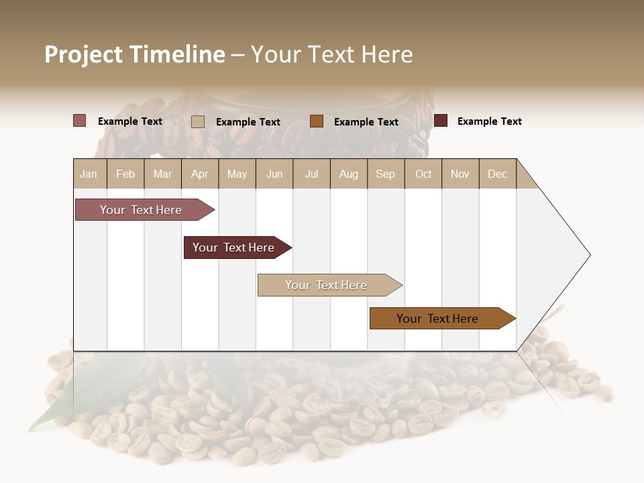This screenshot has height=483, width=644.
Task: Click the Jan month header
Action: (89, 174)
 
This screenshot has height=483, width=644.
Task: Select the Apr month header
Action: (199, 174)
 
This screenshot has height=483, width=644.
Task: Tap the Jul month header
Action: (311, 174)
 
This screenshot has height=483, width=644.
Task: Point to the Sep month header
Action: (385, 174)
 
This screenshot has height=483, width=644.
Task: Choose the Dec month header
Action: (497, 174)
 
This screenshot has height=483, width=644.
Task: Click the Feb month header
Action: (125, 174)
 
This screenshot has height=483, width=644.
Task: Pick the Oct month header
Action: (423, 174)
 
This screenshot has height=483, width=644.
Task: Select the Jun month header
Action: (274, 174)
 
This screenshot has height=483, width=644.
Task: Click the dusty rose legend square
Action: (79, 121)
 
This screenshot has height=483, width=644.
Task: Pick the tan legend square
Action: (197, 121)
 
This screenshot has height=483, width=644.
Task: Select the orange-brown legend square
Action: (317, 121)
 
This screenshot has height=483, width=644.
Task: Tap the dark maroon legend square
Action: (441, 121)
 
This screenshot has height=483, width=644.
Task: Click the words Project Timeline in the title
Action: (134, 54)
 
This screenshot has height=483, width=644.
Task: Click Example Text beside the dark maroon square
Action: (489, 121)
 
